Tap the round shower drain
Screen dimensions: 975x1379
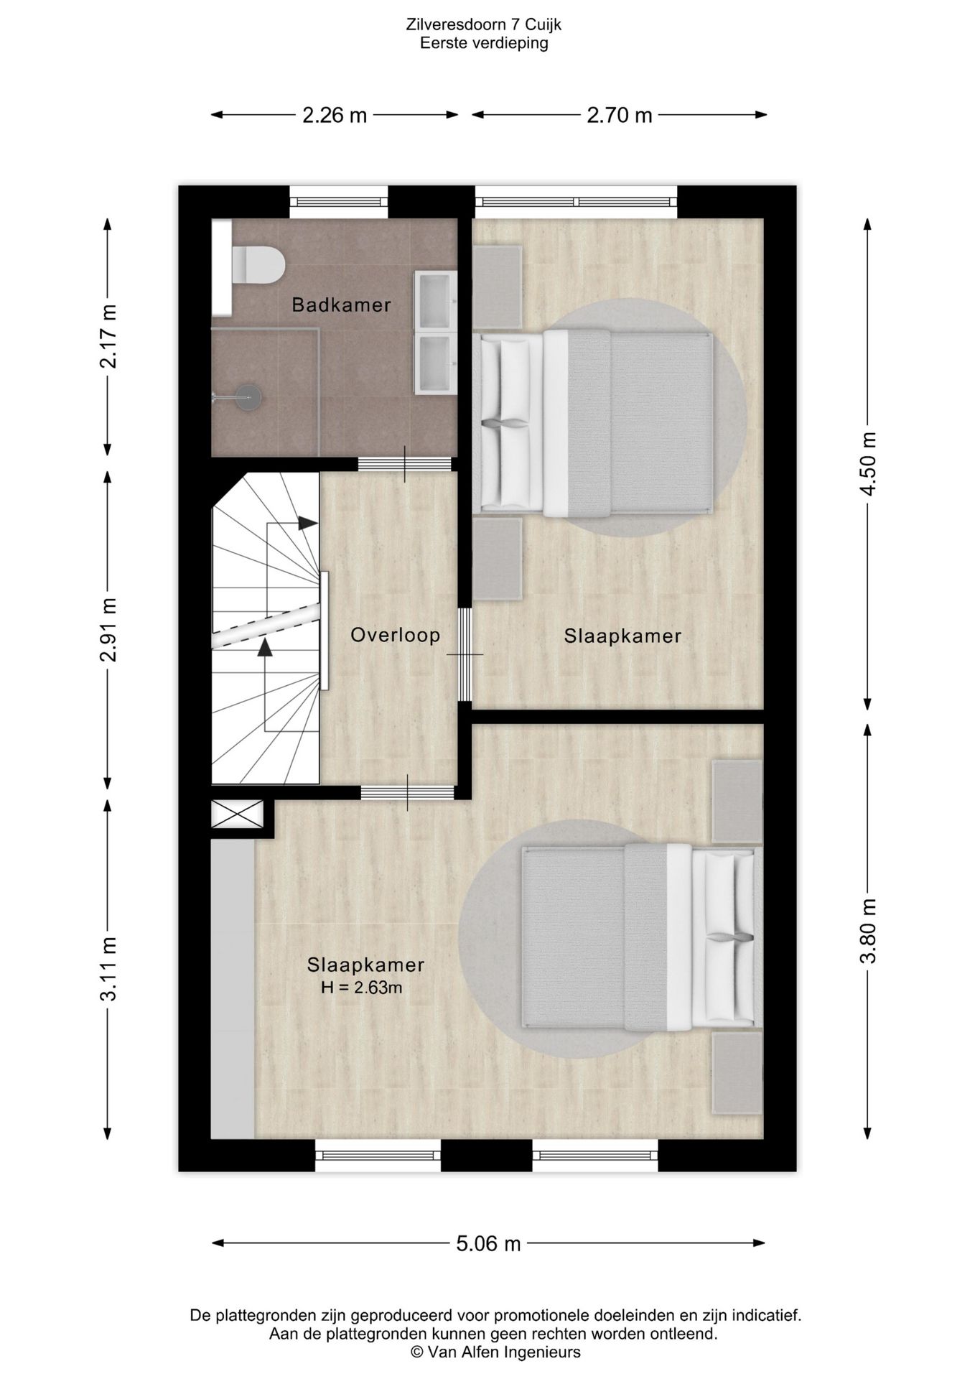[x=249, y=396]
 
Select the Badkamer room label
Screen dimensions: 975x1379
[x=341, y=305]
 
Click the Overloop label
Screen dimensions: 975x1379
[x=395, y=635]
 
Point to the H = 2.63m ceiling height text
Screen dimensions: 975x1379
[x=361, y=988]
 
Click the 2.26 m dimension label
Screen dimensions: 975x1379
[x=334, y=115]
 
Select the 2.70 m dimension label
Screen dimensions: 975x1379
[x=620, y=115]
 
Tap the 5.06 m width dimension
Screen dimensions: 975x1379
[x=488, y=1243]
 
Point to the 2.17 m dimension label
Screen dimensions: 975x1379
[x=108, y=336]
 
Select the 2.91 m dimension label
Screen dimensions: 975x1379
[x=108, y=630]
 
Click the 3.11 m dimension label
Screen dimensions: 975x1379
[x=108, y=968]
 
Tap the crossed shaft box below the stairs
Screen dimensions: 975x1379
[x=238, y=814]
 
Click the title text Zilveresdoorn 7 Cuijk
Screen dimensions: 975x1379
[x=484, y=25]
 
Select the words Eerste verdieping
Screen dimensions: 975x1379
[x=484, y=43]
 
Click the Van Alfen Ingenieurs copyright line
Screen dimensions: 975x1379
[x=495, y=1352]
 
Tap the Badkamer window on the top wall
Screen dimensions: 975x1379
[x=339, y=202]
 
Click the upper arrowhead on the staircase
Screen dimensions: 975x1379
[x=308, y=523]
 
